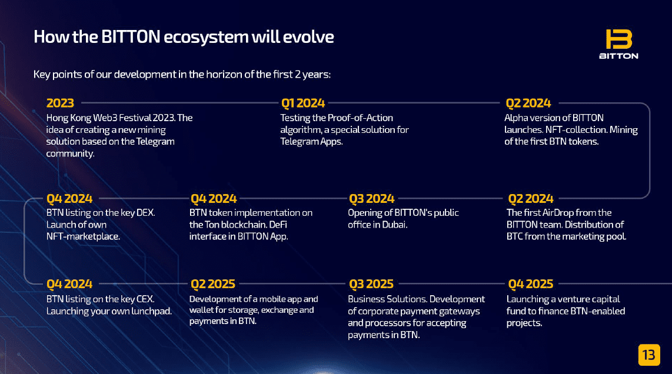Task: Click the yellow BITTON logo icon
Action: point(618,39)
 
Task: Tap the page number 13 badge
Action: point(649,355)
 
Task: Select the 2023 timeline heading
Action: point(60,103)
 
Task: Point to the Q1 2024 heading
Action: point(303,103)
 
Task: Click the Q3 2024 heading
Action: point(371,199)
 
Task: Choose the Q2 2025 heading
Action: point(213,284)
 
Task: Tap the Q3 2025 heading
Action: point(371,284)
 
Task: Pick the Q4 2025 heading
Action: point(531,284)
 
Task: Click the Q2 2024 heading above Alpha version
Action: point(528,103)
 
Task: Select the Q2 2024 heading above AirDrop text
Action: point(531,199)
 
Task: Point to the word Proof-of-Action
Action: point(360,118)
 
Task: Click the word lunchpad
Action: point(152,312)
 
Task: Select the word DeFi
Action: point(278,225)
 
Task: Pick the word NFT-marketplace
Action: point(83,236)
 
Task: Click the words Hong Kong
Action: point(69,118)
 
